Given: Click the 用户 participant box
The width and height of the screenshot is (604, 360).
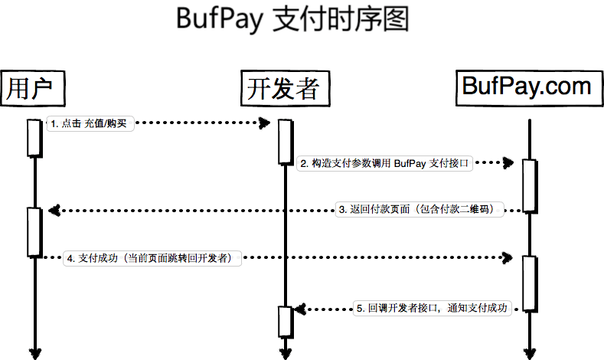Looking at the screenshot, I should point(31,88).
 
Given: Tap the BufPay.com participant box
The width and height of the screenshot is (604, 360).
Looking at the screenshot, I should point(527,86).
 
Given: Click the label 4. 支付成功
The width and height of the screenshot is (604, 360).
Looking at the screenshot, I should point(154,258).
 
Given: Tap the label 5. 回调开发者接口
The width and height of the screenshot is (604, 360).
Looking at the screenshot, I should point(432,308).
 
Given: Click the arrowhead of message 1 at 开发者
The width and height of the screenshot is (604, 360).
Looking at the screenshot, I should point(266,123).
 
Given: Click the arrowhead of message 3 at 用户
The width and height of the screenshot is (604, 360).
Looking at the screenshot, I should point(51,210).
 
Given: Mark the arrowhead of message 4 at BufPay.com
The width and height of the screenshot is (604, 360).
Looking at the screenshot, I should point(507,259).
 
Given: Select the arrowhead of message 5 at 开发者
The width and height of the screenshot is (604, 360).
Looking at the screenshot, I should point(299,309).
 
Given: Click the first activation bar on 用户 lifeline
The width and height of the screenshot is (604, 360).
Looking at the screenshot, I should point(34,138).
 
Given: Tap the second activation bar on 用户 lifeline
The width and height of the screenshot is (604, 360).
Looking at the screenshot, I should point(34,231).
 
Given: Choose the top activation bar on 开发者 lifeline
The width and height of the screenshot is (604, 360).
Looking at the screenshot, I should point(285,142).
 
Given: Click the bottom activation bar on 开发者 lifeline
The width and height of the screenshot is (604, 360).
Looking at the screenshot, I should point(285,320).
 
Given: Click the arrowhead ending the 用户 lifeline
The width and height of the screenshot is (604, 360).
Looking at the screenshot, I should point(34,352).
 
